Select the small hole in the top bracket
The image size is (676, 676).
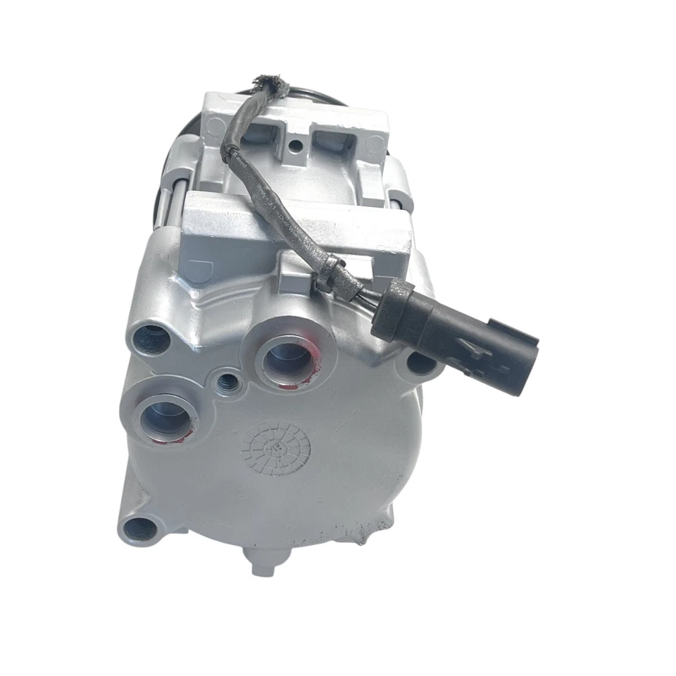point(296,146)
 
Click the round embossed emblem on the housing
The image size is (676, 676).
point(275,449)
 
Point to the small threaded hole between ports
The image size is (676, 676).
point(227,382)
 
